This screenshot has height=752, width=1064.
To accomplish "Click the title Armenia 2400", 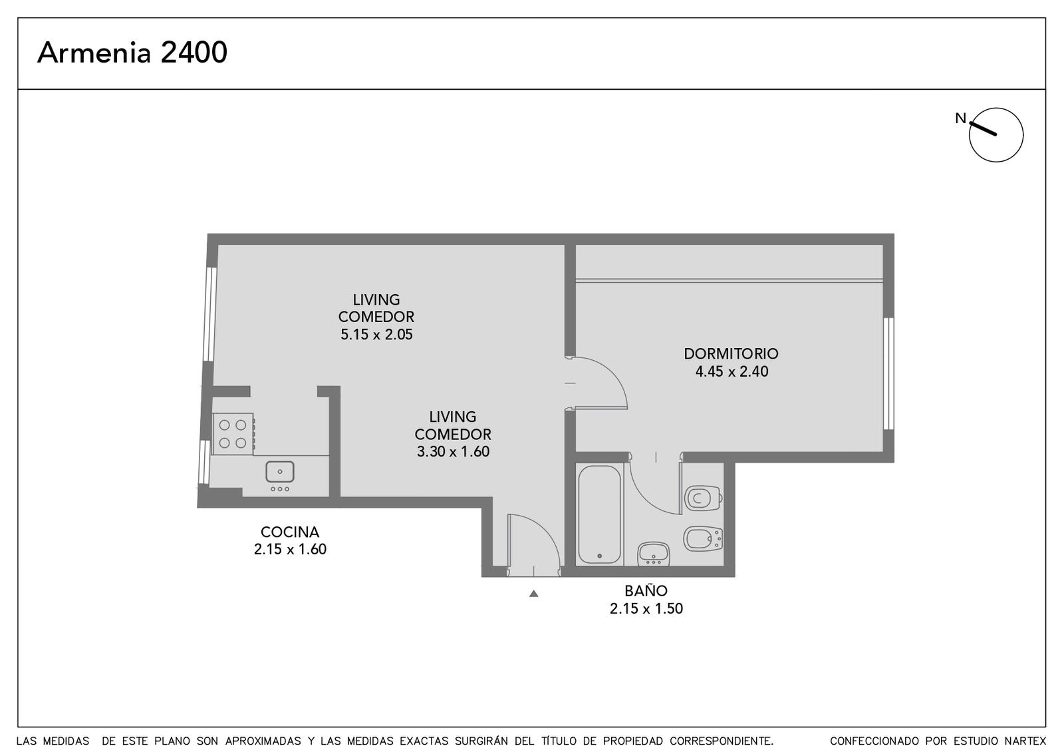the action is (x=132, y=53).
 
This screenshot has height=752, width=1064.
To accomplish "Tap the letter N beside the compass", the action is (x=960, y=118).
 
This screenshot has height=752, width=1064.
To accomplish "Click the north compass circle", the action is (x=996, y=135).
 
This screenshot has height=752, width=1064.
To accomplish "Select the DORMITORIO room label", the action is (x=731, y=353).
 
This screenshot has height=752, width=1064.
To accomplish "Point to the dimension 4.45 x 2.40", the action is (x=732, y=371).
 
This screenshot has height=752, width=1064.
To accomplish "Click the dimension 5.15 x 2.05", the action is (x=376, y=335).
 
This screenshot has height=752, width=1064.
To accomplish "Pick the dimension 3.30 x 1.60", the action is (x=453, y=452).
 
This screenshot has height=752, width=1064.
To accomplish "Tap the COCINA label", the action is (x=290, y=532).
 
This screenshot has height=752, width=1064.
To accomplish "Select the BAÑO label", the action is (x=646, y=591).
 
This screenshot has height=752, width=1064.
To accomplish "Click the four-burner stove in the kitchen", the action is (x=233, y=434).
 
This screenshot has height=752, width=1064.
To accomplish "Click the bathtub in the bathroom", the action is (x=599, y=514).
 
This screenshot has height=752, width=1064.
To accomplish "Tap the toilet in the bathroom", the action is (x=704, y=498).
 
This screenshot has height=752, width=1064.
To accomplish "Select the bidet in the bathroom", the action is (x=703, y=539).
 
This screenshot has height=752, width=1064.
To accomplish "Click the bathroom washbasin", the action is (x=654, y=554).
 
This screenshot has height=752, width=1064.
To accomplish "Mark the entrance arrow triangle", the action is (x=534, y=593).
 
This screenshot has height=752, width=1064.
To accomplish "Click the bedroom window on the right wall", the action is (x=888, y=373).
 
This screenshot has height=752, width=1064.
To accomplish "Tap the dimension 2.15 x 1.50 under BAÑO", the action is (x=646, y=608).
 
